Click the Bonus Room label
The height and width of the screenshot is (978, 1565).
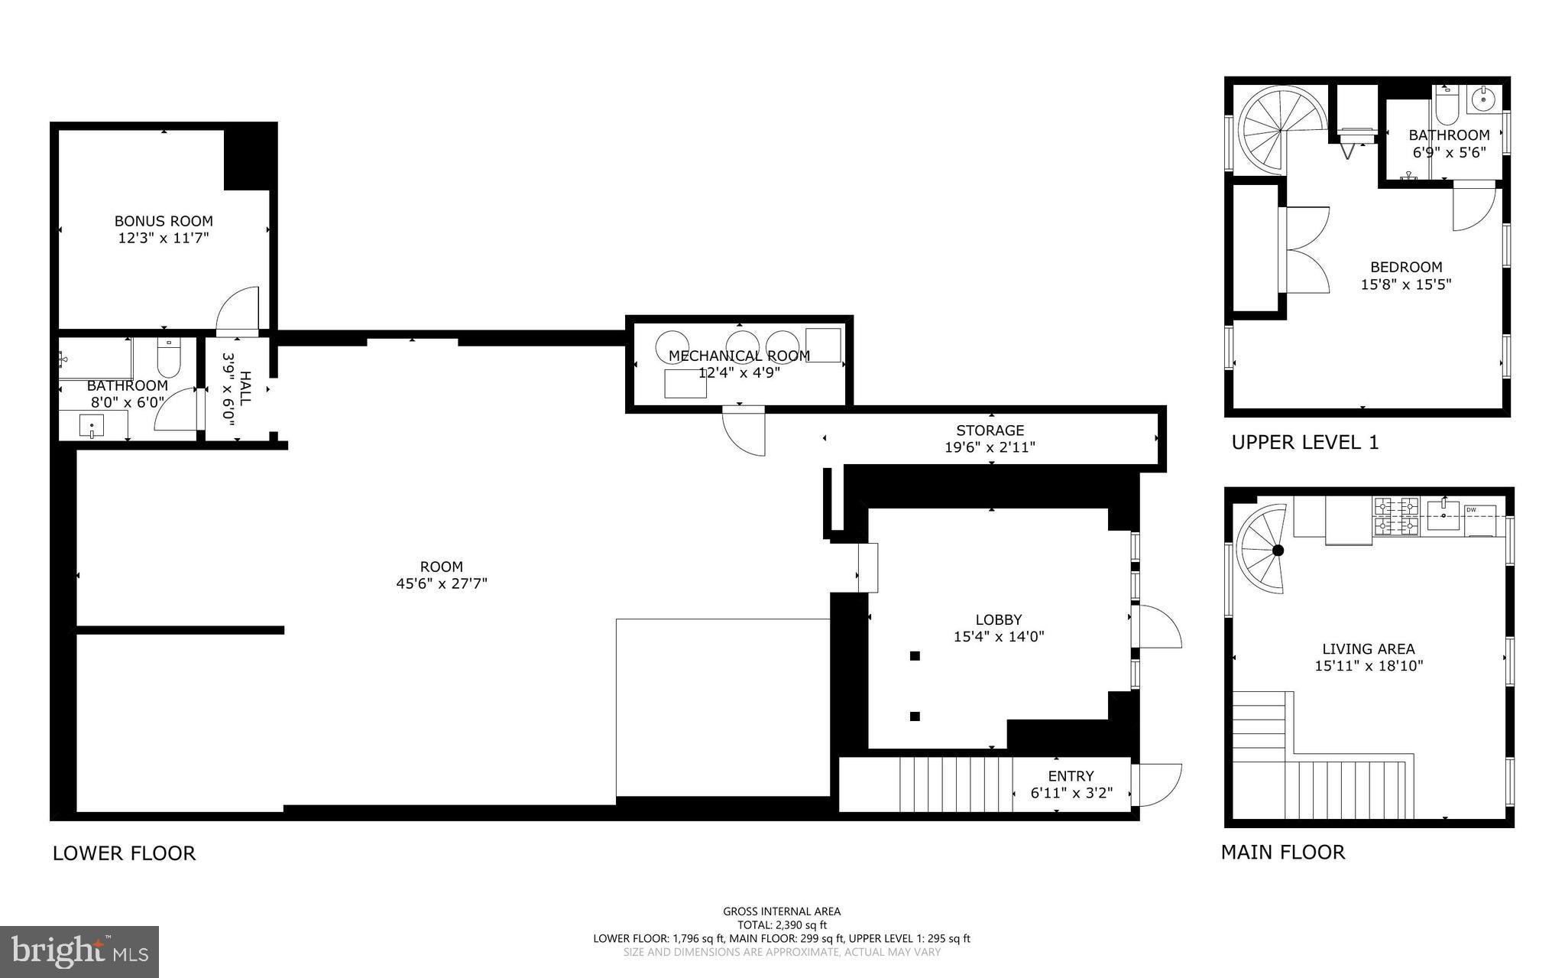tap(164, 221)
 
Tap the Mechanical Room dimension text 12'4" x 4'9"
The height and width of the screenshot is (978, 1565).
tap(740, 372)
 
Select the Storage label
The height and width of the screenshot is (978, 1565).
tap(990, 431)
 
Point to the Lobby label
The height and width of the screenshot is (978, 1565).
tap(998, 619)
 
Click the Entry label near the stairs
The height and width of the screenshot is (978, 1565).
tap(1071, 775)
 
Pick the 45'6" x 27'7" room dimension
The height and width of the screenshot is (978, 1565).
tap(442, 583)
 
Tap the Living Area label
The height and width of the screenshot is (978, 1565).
tap(1369, 649)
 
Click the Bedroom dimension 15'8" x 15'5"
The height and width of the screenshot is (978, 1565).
tap(1406, 284)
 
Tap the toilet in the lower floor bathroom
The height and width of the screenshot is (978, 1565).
tap(168, 356)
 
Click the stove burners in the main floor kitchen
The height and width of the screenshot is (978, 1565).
tap(1396, 516)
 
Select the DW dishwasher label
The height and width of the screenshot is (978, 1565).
tap(1471, 510)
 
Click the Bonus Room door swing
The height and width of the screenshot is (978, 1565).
tap(238, 309)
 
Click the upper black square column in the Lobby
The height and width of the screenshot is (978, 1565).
tap(915, 655)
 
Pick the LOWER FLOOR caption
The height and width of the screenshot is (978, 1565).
tap(124, 853)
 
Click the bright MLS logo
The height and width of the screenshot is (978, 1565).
tap(79, 952)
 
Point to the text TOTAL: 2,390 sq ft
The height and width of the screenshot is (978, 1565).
tap(782, 925)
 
